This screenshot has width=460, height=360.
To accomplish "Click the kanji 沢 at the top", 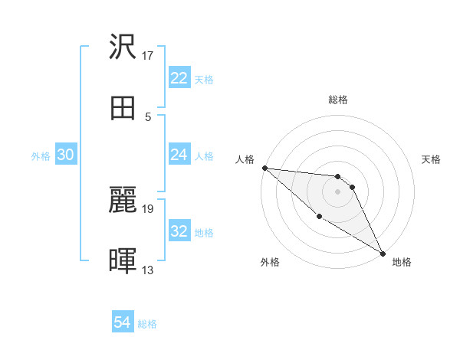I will click(123, 47).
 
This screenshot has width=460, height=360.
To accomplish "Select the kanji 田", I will click(123, 109).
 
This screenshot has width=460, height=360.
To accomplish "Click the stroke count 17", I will click(148, 56).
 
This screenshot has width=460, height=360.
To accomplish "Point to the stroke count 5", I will click(148, 117).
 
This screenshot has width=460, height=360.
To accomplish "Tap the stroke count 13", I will click(148, 270).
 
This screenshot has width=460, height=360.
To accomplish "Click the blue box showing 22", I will click(179, 78).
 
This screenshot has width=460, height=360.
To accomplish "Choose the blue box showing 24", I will click(179, 155).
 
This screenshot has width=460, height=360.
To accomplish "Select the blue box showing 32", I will click(179, 231).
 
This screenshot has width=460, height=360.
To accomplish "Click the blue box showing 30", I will click(65, 155).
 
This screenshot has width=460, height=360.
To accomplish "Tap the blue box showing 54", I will click(123, 322).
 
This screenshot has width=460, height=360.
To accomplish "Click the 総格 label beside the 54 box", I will click(147, 324).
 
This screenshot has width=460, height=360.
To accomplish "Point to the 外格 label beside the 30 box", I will click(41, 155).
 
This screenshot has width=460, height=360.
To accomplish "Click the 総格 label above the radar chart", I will click(338, 100).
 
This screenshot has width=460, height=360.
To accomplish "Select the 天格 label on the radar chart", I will click(431, 159).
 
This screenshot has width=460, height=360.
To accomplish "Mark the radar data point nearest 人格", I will click(264, 168).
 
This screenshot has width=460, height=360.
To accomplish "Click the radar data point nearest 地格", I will click(382, 253).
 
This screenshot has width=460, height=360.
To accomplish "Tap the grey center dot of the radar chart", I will click(337, 191).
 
